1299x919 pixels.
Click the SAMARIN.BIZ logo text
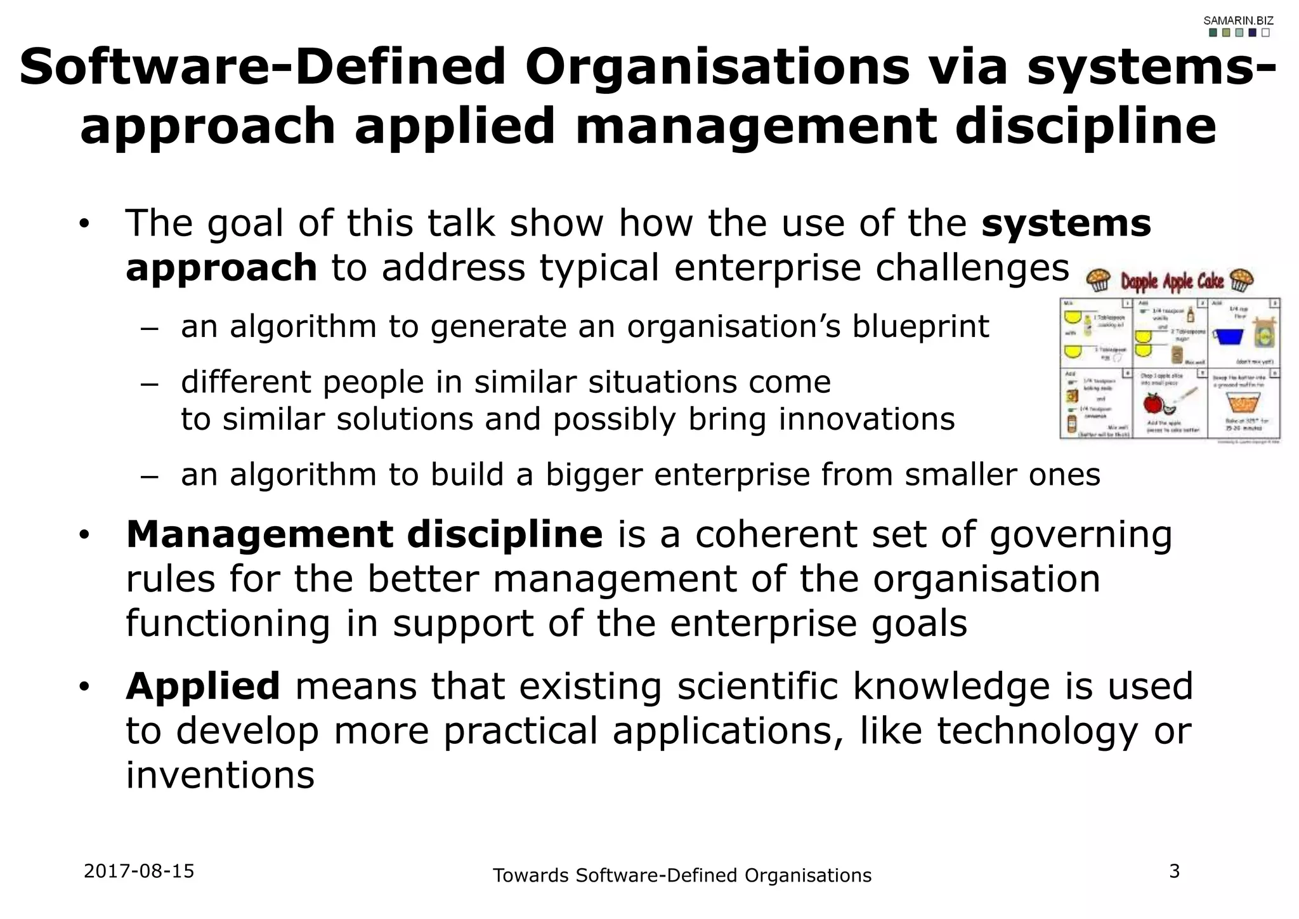1238,21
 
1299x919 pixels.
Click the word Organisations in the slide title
717,67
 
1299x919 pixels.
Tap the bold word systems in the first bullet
1066,223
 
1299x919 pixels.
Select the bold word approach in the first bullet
221,268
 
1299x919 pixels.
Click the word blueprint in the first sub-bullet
920,327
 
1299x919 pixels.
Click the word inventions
220,775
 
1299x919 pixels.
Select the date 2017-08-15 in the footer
139,871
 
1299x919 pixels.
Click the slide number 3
1175,871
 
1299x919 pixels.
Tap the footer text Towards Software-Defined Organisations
682,875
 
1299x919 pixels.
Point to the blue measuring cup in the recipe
1228,336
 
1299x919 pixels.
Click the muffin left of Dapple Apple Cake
1099,280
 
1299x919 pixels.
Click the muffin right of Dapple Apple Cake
1241,280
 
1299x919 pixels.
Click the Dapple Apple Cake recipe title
1171,281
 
